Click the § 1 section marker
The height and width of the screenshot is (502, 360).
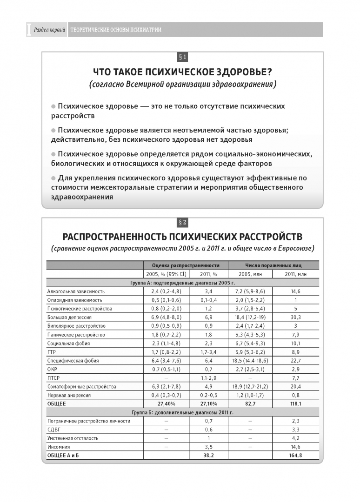click(x=182, y=57)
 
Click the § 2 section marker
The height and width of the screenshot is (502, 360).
click(x=182, y=222)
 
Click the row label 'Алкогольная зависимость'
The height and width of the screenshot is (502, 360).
click(x=76, y=291)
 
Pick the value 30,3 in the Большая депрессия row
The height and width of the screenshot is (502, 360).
click(x=295, y=317)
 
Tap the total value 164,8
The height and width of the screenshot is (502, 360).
click(x=295, y=456)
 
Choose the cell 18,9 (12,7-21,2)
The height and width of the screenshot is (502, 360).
click(x=250, y=386)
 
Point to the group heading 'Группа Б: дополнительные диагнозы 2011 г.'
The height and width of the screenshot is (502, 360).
click(x=182, y=412)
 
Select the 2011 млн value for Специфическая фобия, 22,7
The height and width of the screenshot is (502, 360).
click(x=295, y=360)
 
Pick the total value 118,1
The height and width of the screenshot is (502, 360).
click(x=295, y=403)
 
